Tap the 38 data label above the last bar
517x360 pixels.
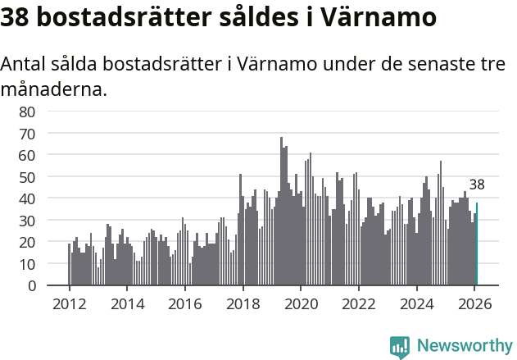click(477, 185)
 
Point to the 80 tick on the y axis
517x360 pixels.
click(27, 111)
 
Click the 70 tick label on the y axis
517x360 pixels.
click(27, 133)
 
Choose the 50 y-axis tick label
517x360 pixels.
click(27, 176)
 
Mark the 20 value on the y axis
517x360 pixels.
click(27, 242)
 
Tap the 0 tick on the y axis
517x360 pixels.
click(31, 285)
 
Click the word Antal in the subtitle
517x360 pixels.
click(23, 66)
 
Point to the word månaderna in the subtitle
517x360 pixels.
click(54, 89)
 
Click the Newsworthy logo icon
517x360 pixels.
click(399, 347)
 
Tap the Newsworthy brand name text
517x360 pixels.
click(464, 347)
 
